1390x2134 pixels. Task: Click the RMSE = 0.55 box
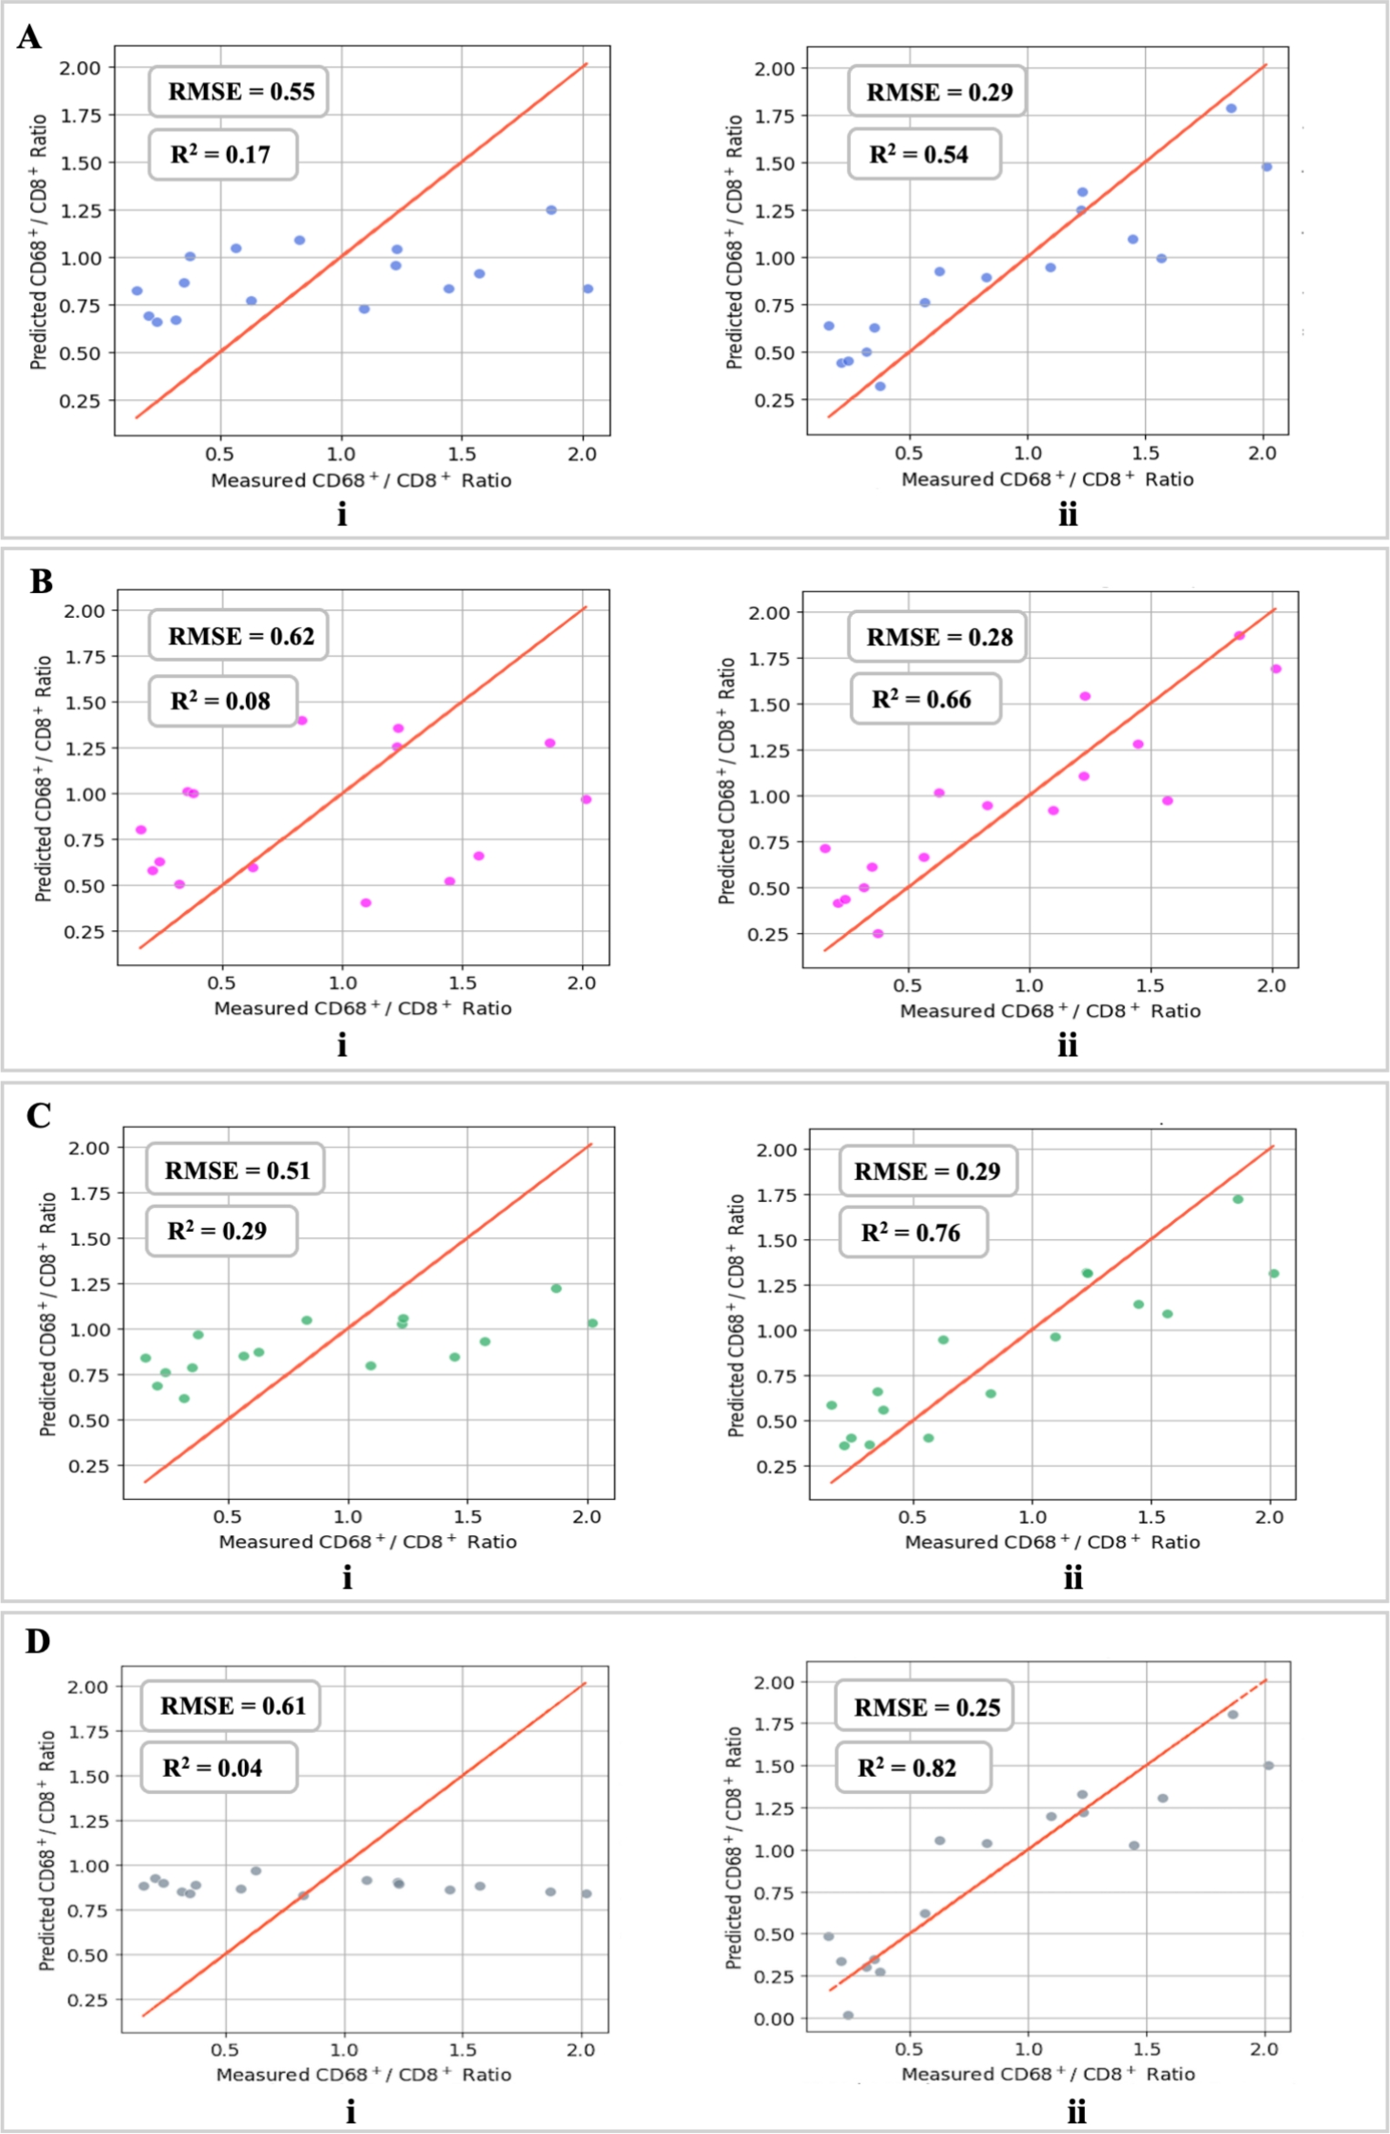tap(239, 92)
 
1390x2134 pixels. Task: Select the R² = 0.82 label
tap(911, 1769)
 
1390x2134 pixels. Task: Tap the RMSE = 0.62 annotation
tap(239, 636)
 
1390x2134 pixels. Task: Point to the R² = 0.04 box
tap(218, 1769)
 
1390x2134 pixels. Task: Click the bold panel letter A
tap(29, 37)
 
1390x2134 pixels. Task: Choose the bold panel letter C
tap(38, 1116)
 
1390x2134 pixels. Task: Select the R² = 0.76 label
tap(913, 1233)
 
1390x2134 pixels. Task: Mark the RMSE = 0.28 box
tap(937, 637)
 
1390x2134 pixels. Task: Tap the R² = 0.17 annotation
tap(222, 155)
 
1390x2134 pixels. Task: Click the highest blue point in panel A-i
tap(551, 210)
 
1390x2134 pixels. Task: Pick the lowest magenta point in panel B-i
tap(366, 903)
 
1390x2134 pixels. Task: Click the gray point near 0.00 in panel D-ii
tap(848, 2016)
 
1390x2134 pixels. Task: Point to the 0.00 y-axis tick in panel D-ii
tap(774, 2018)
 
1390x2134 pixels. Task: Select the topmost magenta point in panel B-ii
tap(1239, 636)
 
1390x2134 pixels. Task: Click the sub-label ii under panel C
tap(1073, 1578)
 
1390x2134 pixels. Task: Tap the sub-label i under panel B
tap(342, 1045)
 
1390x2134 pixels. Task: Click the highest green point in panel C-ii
tap(1238, 1199)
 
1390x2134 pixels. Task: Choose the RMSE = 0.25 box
tap(925, 1707)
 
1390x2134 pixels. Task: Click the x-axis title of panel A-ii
tap(1047, 479)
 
